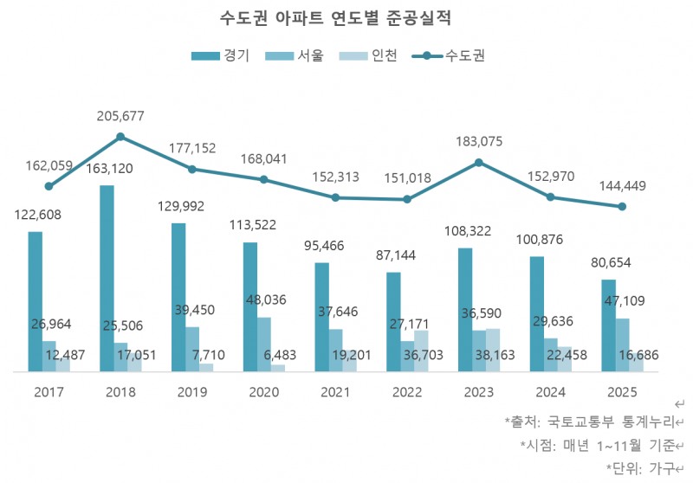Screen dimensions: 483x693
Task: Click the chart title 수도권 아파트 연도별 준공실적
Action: [347, 18]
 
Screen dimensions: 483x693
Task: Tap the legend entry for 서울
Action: [300, 56]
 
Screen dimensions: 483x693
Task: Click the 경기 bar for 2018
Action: [107, 277]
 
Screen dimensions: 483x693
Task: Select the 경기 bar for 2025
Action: [608, 325]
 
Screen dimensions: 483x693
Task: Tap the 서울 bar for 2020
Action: [263, 344]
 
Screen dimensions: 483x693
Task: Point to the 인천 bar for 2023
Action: [493, 350]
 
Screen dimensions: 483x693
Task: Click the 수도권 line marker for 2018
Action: [120, 136]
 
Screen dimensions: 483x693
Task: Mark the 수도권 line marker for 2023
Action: [478, 162]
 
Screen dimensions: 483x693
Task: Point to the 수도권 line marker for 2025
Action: [621, 206]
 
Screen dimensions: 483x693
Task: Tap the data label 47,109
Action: [636, 301]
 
